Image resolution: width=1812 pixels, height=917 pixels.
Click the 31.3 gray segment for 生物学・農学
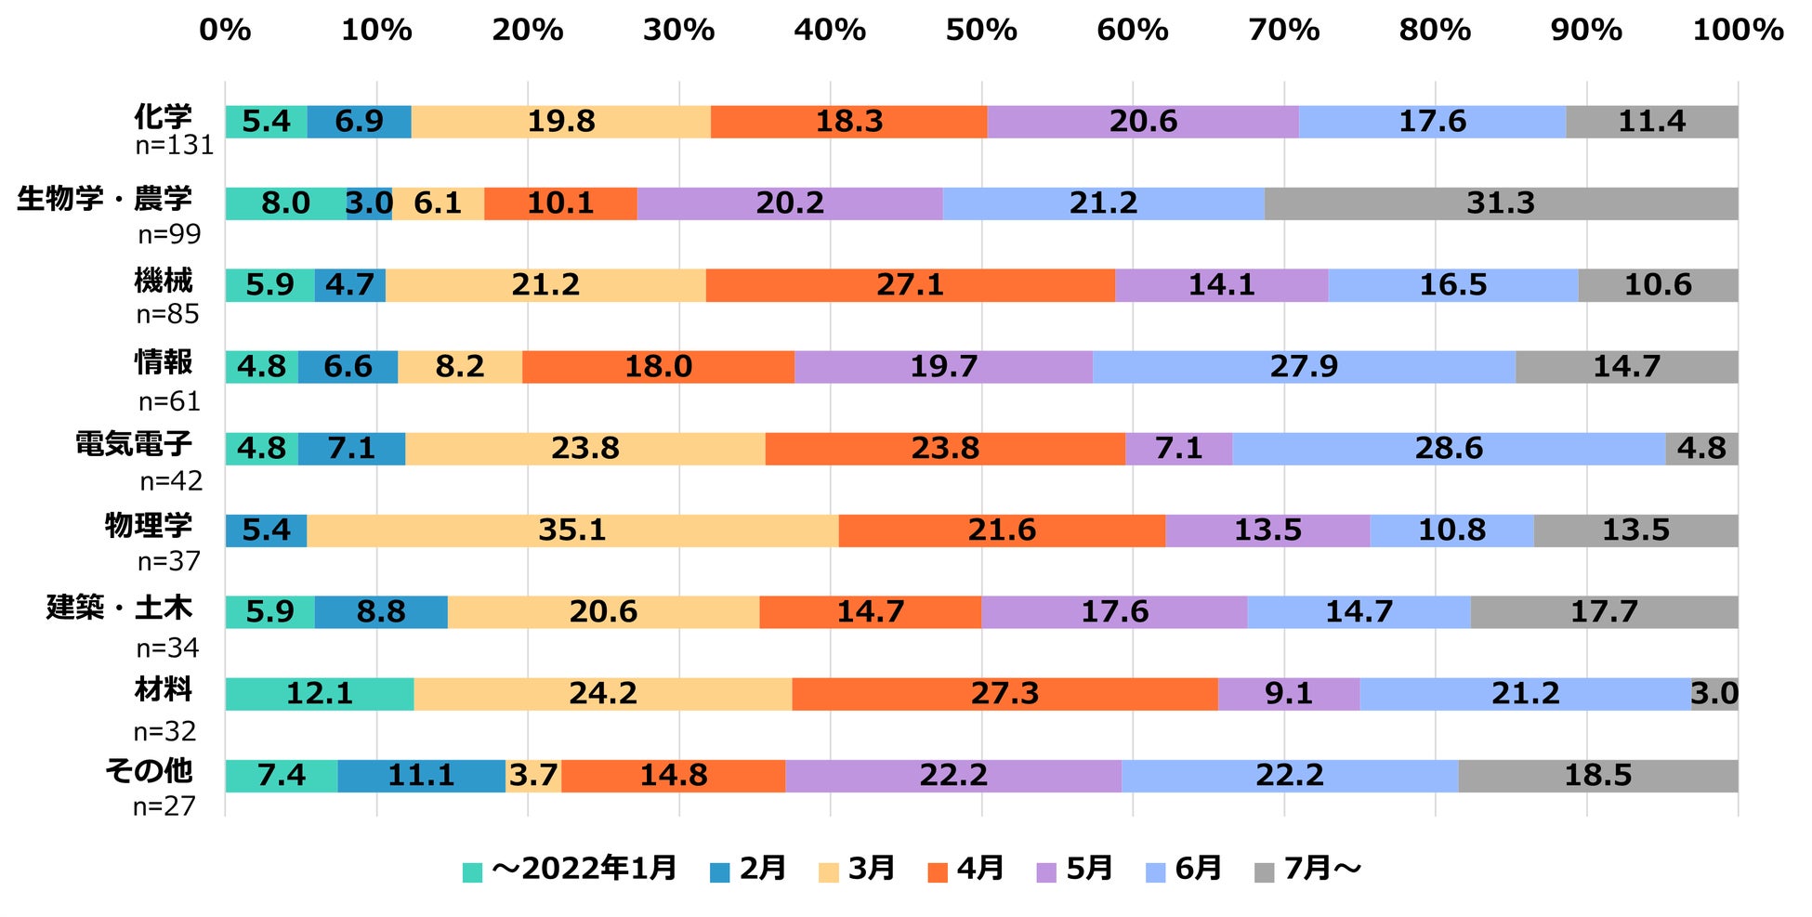click(1500, 203)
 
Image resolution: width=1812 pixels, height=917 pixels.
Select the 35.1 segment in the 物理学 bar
click(572, 531)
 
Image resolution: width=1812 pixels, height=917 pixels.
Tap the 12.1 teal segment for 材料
click(319, 694)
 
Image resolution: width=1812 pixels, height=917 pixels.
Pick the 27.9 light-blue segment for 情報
click(1304, 367)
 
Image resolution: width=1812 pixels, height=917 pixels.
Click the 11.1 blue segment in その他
click(421, 776)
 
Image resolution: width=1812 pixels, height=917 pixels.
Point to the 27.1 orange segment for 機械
click(910, 285)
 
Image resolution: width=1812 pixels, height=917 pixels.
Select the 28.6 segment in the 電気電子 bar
click(1449, 449)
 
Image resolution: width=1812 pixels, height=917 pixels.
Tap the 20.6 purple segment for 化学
click(1143, 122)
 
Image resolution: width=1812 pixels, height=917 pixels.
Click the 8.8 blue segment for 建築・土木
click(381, 612)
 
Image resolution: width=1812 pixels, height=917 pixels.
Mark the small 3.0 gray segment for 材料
click(1714, 694)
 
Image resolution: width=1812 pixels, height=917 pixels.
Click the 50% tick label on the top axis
click(981, 30)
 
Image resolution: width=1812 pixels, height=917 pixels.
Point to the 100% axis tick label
click(1738, 30)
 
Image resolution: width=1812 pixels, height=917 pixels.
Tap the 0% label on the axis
click(225, 30)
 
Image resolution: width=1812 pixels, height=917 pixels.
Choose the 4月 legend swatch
click(939, 872)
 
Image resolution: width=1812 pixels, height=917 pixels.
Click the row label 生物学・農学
click(104, 198)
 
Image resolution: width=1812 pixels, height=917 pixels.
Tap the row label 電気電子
click(133, 443)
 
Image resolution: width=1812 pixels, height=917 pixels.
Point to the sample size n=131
click(174, 146)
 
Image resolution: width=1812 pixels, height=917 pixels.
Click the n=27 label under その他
click(164, 806)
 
